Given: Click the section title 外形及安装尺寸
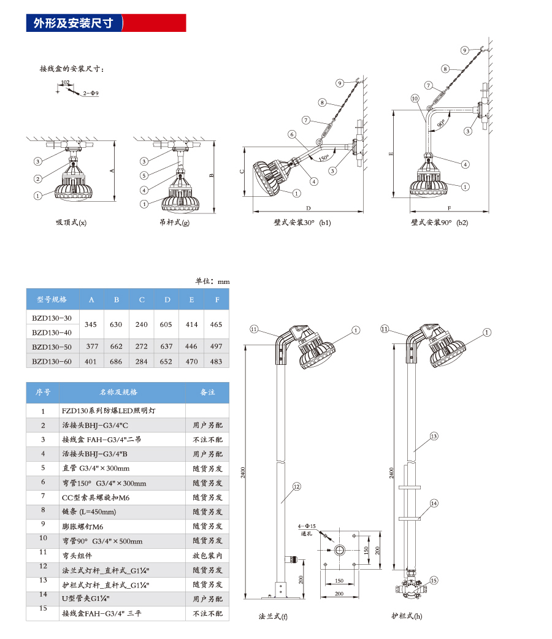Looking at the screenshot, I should (73, 23).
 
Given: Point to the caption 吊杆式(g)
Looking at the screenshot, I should (174, 223).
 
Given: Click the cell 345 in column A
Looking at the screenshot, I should (91, 324).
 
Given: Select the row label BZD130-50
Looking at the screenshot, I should (52, 346).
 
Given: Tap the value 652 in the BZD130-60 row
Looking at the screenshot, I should (166, 361).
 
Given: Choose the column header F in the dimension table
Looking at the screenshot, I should (216, 300).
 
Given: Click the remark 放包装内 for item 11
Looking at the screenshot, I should (207, 556).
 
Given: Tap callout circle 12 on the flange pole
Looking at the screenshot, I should (296, 487).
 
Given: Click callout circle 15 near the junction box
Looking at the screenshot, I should (434, 580).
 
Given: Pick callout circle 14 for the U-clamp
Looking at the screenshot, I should (434, 503).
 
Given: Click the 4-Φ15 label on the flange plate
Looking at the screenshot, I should (306, 526).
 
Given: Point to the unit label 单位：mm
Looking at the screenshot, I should (212, 281).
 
